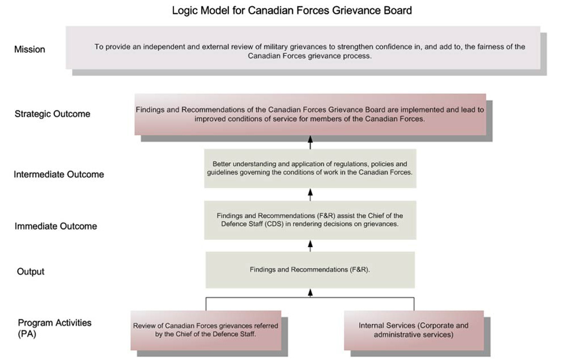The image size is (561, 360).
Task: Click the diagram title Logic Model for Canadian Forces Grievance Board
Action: (292, 10)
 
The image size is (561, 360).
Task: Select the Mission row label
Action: (29, 49)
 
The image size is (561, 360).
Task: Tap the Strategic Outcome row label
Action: (53, 114)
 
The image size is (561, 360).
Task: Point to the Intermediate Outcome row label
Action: (59, 174)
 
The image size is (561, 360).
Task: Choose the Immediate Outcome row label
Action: (56, 226)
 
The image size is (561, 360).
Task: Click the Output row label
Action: (31, 272)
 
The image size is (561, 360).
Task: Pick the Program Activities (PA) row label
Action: (55, 328)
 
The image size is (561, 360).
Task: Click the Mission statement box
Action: (303, 48)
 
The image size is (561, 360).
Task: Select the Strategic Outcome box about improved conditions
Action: (310, 115)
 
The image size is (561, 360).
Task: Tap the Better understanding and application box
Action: (310, 168)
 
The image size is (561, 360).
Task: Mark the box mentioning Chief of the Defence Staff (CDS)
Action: (310, 220)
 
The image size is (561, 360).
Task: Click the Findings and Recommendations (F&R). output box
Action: (310, 270)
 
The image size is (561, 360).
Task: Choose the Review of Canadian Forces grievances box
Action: (206, 331)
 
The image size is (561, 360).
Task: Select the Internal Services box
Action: (414, 331)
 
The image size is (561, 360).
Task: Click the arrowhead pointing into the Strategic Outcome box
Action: (310, 139)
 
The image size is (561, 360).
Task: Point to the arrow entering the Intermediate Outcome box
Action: (310, 194)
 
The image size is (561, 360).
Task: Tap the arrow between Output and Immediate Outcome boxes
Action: (310, 246)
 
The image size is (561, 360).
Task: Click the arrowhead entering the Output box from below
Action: (310, 292)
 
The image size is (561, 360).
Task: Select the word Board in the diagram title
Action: (398, 10)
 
